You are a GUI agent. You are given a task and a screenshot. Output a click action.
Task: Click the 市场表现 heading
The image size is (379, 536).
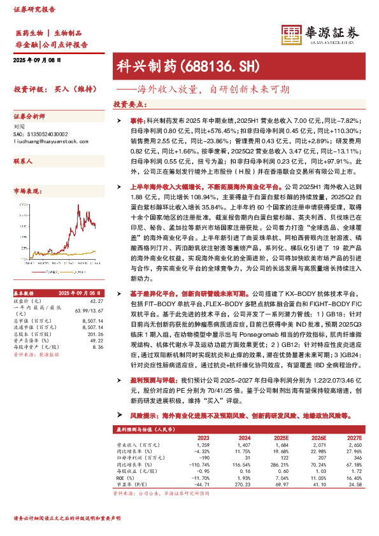click(26, 190)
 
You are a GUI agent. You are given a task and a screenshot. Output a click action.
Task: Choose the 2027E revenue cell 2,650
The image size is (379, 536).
click(354, 445)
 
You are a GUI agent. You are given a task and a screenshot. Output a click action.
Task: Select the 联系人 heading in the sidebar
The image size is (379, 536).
click(23, 162)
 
